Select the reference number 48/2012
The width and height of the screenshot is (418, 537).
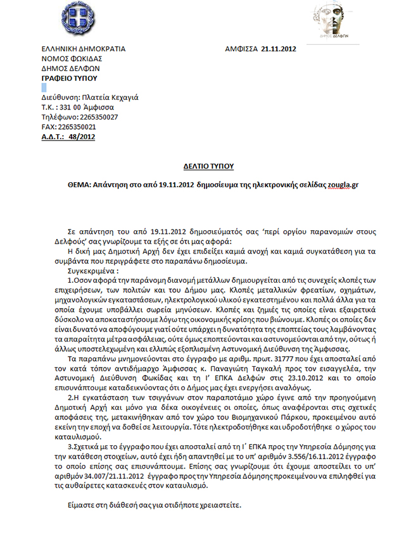[x=83, y=136]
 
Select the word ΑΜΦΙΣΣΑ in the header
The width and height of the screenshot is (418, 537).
[x=241, y=49]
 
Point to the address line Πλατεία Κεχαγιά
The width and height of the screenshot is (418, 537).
[x=111, y=98]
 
